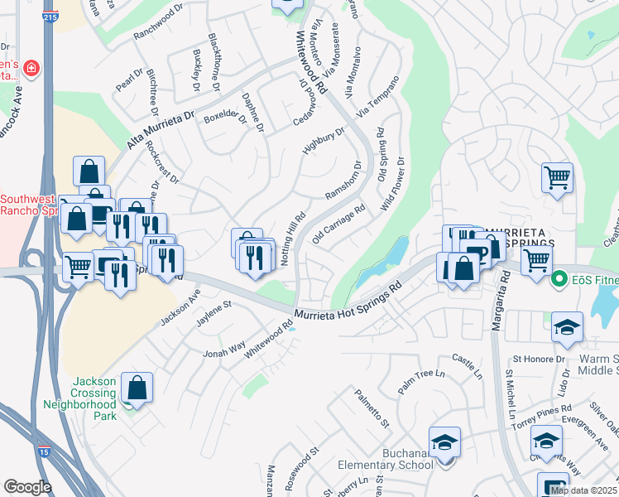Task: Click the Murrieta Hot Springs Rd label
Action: coord(348,301)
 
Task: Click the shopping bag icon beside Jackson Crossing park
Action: coord(137,388)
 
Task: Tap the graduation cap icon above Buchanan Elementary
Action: coord(444,442)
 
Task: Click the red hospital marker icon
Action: coord(31,68)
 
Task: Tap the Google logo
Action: coord(27,487)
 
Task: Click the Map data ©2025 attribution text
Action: coord(584,490)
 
